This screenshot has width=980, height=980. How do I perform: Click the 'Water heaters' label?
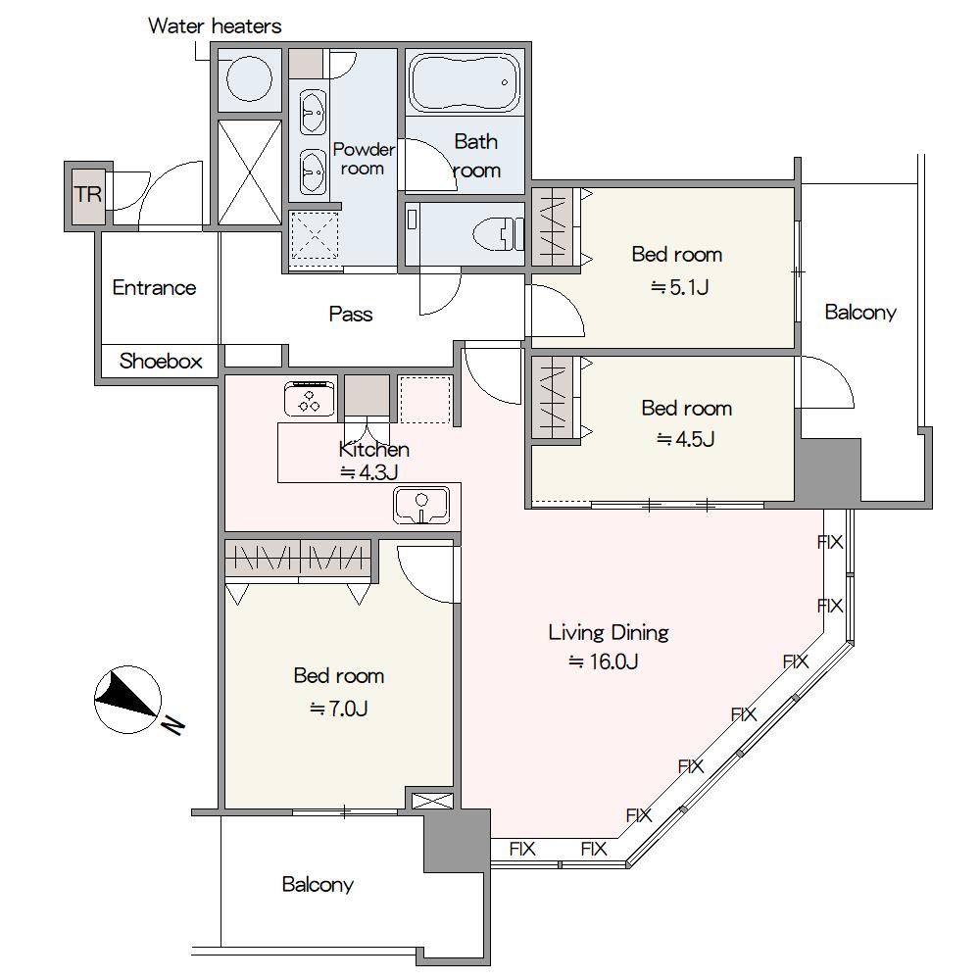(x=215, y=26)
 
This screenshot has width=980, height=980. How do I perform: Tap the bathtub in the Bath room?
(x=465, y=82)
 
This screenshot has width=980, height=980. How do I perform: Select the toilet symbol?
(x=498, y=234)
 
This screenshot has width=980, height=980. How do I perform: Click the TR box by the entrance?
(x=88, y=196)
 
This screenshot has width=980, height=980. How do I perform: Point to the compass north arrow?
(x=128, y=699)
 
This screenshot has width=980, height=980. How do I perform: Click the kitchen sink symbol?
(x=421, y=505)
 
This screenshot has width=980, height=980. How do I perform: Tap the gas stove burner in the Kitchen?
(x=310, y=398)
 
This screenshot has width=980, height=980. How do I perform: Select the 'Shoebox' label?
(x=161, y=362)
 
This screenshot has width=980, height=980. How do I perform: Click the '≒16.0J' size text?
(x=603, y=661)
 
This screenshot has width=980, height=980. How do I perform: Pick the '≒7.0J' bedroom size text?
(x=339, y=709)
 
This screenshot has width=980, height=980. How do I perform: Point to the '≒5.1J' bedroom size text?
(x=679, y=287)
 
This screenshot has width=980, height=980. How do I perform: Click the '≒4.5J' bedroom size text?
(x=686, y=439)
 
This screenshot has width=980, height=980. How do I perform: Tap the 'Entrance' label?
(x=155, y=287)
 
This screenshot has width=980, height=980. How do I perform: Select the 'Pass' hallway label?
(x=351, y=314)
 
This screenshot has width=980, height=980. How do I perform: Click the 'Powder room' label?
(x=364, y=159)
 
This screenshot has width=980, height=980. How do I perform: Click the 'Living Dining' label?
(x=609, y=632)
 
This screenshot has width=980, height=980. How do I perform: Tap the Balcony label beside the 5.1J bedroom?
(x=860, y=312)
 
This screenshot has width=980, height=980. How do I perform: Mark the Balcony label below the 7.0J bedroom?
(x=318, y=884)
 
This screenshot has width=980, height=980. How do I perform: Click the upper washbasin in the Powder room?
(x=313, y=113)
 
